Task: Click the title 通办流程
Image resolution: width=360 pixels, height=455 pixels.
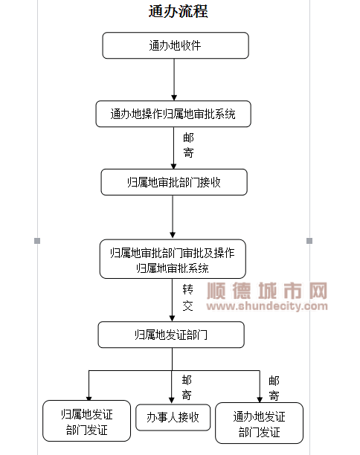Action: tap(178, 12)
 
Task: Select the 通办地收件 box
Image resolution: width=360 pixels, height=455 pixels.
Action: tap(176, 45)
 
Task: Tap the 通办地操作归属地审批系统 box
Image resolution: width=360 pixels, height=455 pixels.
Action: tap(173, 114)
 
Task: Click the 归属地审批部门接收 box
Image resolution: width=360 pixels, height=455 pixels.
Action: tap(174, 182)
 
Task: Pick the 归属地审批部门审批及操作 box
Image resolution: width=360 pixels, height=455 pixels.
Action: tap(173, 259)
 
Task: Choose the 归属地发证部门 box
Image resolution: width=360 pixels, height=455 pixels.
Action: tap(171, 335)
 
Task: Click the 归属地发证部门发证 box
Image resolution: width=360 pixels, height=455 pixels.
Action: tap(86, 421)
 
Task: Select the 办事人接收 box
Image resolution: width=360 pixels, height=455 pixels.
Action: tap(173, 417)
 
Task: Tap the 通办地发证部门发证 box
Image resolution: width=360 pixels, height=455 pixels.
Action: tap(259, 423)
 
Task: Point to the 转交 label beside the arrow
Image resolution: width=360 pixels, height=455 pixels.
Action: tap(187, 297)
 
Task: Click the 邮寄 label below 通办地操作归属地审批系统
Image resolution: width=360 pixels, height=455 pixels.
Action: tap(188, 145)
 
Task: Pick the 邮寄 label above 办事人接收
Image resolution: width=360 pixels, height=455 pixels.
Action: tap(187, 387)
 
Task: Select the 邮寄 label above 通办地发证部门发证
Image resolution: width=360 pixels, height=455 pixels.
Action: tap(274, 388)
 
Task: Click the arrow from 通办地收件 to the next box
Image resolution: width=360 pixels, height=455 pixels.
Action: tap(174, 80)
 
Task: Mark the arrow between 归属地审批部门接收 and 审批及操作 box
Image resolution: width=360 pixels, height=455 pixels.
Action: tap(173, 217)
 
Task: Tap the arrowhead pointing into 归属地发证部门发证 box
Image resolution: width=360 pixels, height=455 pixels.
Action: tap(89, 398)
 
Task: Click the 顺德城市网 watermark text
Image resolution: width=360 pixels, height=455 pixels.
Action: tap(267, 291)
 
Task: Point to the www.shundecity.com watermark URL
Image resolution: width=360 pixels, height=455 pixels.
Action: tap(267, 306)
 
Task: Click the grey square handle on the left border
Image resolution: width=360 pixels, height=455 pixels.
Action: tap(37, 241)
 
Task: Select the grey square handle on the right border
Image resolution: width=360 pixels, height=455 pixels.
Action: tap(309, 241)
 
